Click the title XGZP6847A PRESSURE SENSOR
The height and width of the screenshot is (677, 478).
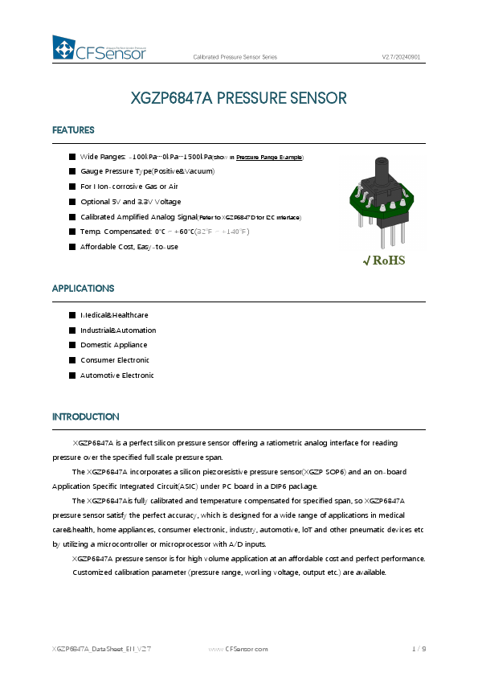[x=239, y=99]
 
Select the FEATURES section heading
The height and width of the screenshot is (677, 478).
[x=73, y=130]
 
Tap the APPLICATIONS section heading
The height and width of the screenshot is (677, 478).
[x=83, y=288]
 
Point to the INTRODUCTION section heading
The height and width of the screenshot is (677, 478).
[x=85, y=416]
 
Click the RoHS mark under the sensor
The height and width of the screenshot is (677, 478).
[x=384, y=261]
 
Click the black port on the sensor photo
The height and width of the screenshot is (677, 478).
[x=377, y=174]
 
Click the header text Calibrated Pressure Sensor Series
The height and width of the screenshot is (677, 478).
[x=235, y=57]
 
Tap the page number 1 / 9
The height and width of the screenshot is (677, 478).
[x=419, y=648]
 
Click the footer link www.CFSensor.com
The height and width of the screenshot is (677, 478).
[x=238, y=648]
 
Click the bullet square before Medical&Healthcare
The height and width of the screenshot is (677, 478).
[x=71, y=315]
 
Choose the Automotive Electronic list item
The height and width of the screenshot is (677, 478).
[x=116, y=375]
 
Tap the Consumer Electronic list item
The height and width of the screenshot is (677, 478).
[x=115, y=360]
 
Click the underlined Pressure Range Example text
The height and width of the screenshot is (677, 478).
[x=269, y=157]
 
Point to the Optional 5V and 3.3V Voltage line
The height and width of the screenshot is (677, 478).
[x=130, y=202]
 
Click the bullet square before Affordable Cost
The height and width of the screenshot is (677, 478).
[x=71, y=246]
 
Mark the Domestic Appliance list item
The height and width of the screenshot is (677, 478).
[x=113, y=345]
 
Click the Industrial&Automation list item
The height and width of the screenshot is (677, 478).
[x=118, y=330]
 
